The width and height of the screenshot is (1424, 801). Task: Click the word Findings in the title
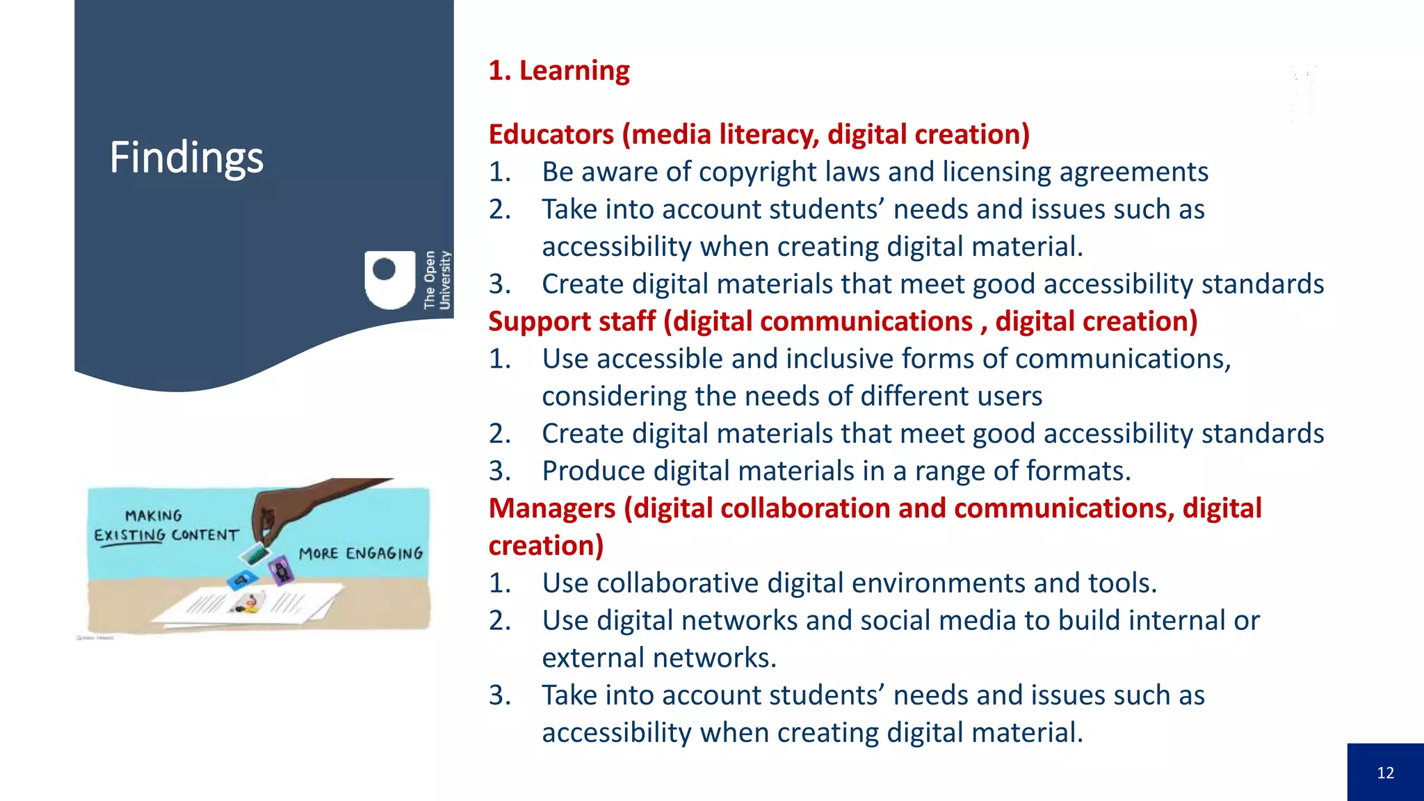pos(186,157)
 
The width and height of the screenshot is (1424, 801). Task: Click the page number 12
pos(1385,772)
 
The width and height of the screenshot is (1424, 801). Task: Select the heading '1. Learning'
pos(559,71)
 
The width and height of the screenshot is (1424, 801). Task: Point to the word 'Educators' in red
pos(551,134)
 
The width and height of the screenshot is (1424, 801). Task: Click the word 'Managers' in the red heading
pos(552,508)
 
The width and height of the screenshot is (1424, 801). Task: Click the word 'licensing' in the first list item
pos(996,172)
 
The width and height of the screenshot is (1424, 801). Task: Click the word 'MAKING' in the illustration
pos(154,515)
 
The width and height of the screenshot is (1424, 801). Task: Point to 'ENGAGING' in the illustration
pos(384,553)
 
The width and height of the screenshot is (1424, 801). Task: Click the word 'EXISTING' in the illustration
pos(129,535)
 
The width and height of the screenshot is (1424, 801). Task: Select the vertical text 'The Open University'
pos(437,280)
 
